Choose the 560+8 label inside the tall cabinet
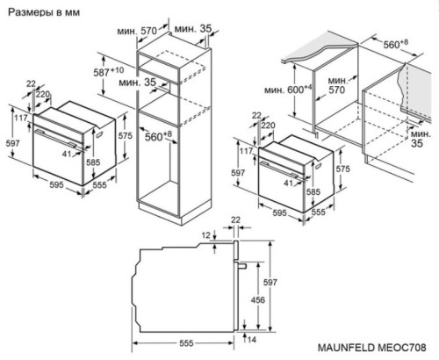tap(158, 138)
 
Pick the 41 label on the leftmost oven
tap(65, 154)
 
